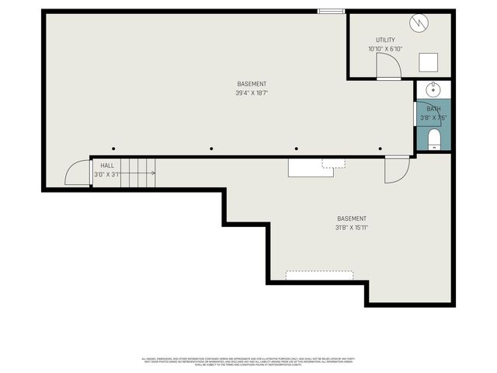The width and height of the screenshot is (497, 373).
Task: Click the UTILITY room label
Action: tap(386, 40)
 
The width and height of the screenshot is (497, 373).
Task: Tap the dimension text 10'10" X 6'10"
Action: tap(386, 49)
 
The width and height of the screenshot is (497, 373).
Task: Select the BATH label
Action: tap(433, 109)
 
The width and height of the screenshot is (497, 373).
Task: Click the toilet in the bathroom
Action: tap(434, 139)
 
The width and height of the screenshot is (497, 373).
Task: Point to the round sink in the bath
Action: tap(433, 89)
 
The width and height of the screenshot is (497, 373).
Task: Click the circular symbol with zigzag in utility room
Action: tap(419, 23)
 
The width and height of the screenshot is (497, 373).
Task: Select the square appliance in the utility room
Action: tap(428, 62)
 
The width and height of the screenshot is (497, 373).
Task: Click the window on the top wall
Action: tap(332, 11)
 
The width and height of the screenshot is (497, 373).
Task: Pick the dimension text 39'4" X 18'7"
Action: tap(252, 93)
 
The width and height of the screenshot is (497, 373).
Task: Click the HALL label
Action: tap(106, 166)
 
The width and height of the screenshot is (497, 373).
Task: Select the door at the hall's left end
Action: tap(78, 173)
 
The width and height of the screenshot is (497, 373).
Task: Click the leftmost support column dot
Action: tap(113, 148)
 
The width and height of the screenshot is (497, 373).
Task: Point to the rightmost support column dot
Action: tap(380, 148)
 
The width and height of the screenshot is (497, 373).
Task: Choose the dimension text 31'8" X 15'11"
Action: tap(351, 228)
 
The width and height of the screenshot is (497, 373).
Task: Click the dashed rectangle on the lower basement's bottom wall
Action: tap(319, 275)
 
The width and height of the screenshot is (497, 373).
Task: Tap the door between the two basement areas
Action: tap(397, 169)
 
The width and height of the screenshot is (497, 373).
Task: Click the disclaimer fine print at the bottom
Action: tap(248, 361)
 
